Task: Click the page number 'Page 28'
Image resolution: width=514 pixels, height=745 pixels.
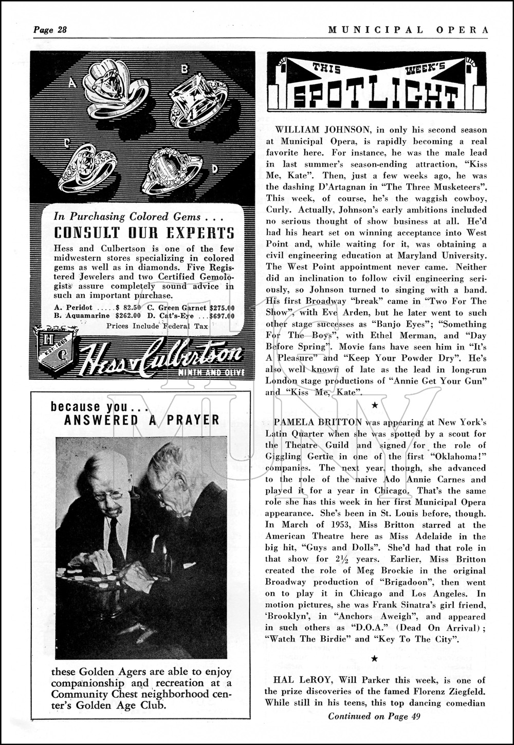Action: (50, 30)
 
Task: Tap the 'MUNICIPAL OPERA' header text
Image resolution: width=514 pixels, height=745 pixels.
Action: (409, 30)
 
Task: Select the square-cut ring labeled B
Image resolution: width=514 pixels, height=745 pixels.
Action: (198, 100)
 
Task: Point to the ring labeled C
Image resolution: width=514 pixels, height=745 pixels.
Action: (87, 167)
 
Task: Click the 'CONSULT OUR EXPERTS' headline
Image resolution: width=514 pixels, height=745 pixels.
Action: (144, 233)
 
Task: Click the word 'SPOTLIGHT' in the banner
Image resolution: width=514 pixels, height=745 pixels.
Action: (375, 94)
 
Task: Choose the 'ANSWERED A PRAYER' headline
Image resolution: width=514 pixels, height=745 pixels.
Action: (142, 420)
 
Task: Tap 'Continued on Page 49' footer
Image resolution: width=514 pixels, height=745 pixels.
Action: (374, 716)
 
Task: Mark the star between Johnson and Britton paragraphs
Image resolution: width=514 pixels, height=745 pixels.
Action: (375, 406)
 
